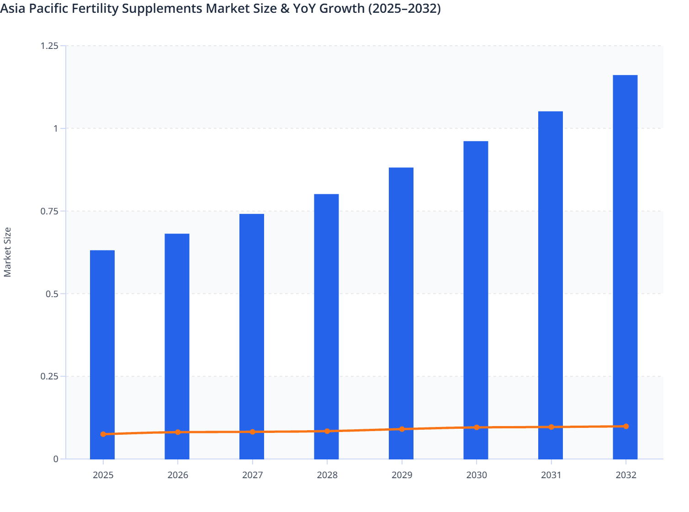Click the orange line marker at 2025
tap(103, 434)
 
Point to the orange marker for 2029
tap(402, 429)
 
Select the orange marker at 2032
tap(626, 427)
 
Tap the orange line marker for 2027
tap(253, 432)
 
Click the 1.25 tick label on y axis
tap(49, 46)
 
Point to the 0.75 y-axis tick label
tap(49, 211)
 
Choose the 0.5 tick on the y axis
tap(52, 294)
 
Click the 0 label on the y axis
tap(56, 459)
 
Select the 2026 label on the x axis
tap(178, 475)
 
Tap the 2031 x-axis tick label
tap(551, 475)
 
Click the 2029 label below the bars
tap(402, 475)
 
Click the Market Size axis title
tap(7, 252)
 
